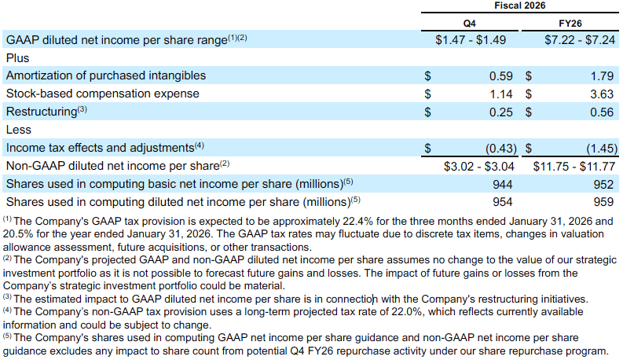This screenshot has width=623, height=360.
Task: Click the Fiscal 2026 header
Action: tap(519, 6)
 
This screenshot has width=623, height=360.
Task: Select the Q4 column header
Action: tap(469, 23)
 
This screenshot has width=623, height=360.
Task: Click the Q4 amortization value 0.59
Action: tap(500, 75)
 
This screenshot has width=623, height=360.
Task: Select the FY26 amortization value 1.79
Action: tap(601, 75)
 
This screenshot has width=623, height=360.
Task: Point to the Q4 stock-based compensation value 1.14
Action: tap(500, 94)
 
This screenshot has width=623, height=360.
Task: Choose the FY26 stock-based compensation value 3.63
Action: tap(601, 94)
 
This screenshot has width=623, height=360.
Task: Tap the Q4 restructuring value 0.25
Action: tap(500, 112)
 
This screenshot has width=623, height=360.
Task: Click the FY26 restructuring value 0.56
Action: tap(601, 112)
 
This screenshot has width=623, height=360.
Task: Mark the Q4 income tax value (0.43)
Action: tap(497, 148)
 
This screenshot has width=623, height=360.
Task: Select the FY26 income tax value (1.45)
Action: tap(598, 148)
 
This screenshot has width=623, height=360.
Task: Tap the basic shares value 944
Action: tap(502, 184)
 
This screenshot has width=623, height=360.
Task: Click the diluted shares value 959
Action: tap(603, 201)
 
